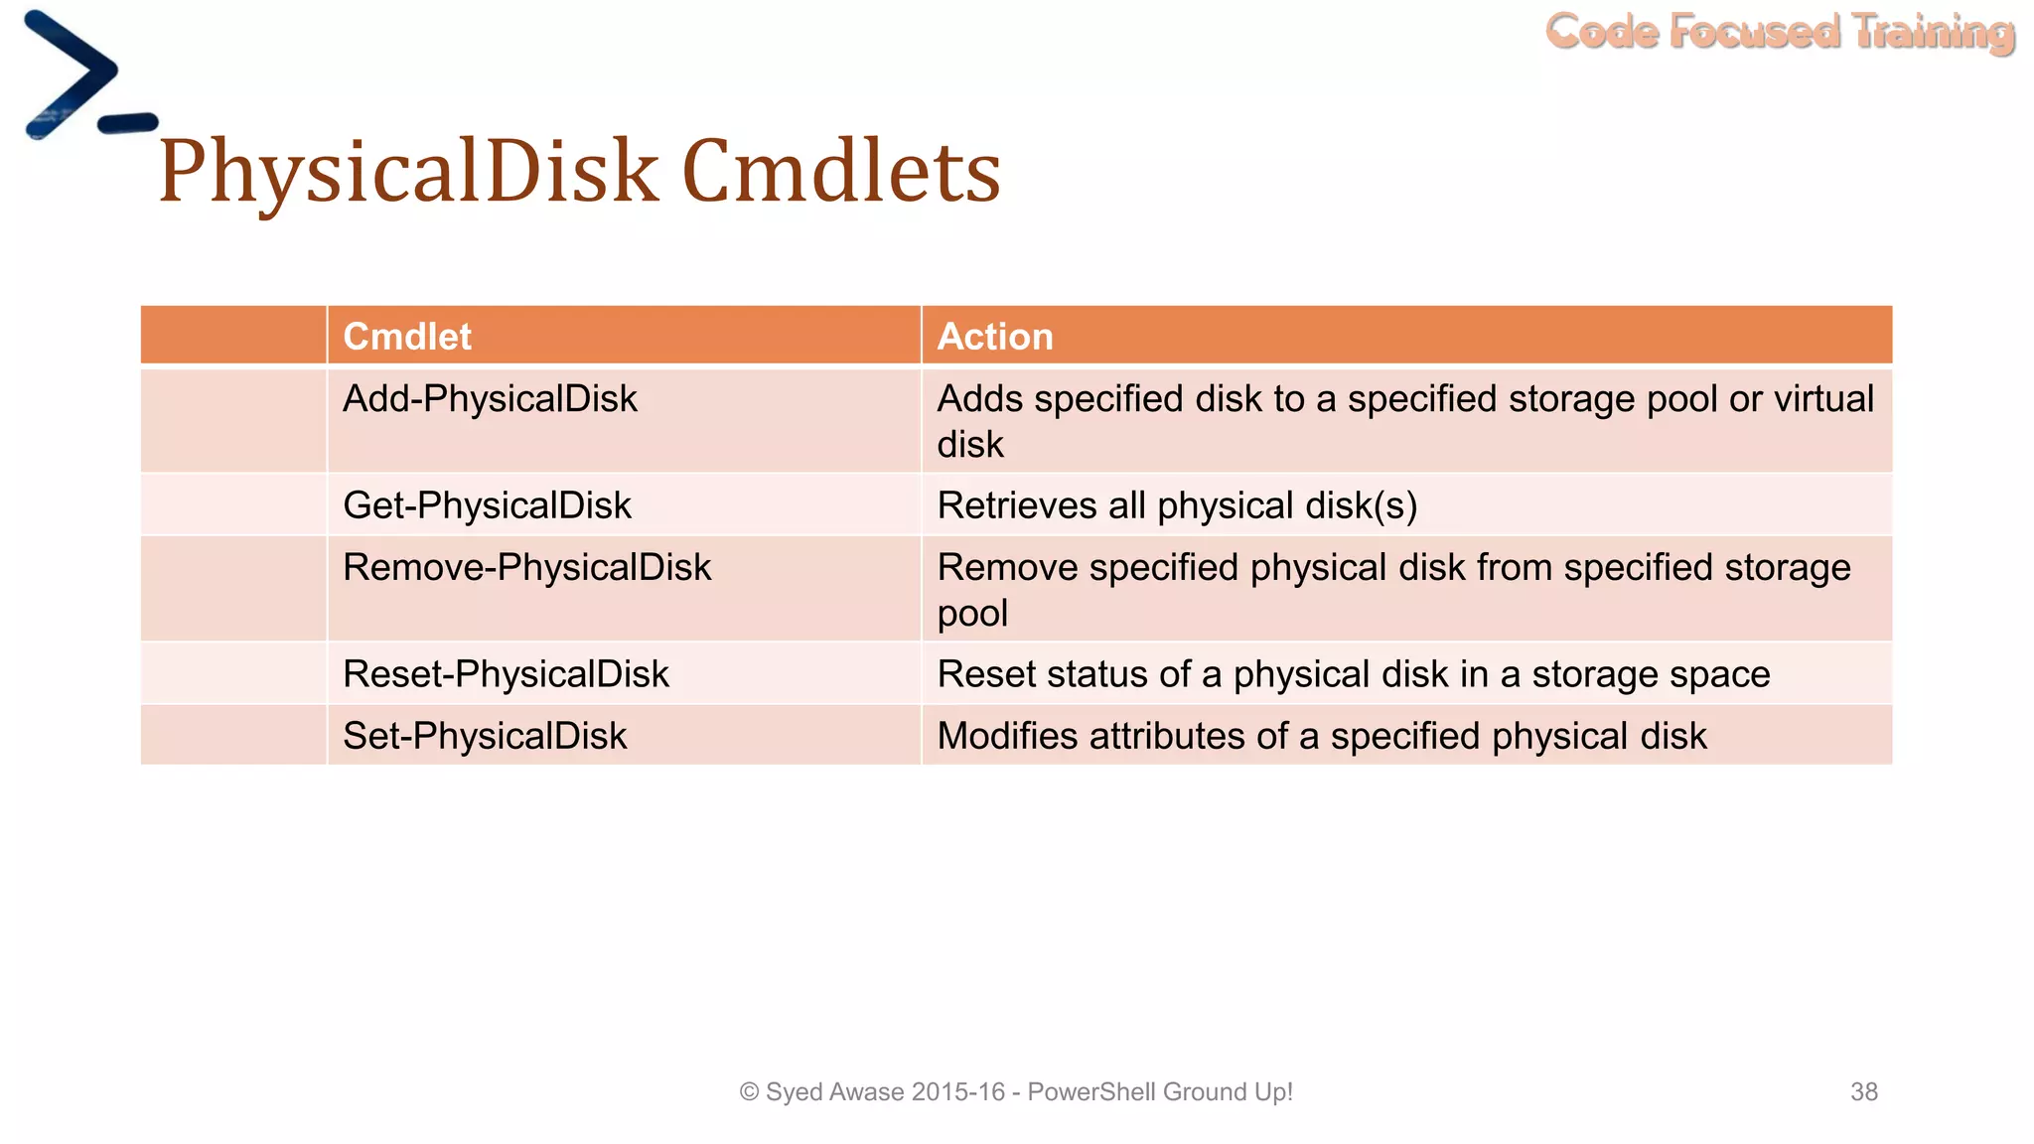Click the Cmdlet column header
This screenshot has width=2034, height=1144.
pos(407,337)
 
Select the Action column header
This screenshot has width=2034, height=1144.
pos(995,337)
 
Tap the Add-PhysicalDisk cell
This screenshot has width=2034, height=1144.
pos(490,399)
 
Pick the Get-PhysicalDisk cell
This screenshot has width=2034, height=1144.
pos(487,505)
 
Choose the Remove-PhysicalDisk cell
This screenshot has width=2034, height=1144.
pos(526,568)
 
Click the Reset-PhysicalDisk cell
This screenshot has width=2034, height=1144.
pos(506,674)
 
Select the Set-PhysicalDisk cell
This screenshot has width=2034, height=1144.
pos(485,737)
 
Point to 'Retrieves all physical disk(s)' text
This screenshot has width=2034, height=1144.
pos(1177,505)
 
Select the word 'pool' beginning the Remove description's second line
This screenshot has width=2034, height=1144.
pos(972,614)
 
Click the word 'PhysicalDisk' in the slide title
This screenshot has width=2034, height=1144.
pos(407,172)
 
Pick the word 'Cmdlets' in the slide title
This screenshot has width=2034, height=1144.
pos(841,172)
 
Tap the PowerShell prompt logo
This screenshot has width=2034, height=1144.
pos(84,76)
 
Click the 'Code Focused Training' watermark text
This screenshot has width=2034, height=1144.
pos(1780,32)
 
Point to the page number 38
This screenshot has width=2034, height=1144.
pos(1863,1091)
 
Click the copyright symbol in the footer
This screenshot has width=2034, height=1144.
pos(749,1092)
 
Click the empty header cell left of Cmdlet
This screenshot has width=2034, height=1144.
pos(233,336)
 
